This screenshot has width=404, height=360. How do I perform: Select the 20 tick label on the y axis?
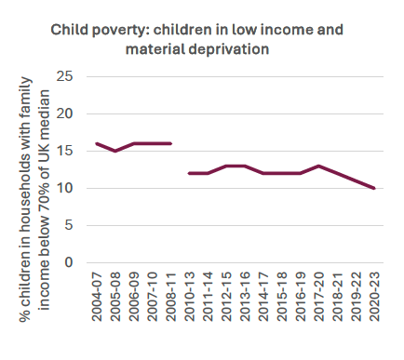[65, 113]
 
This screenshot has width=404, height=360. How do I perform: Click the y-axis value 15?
[65, 151]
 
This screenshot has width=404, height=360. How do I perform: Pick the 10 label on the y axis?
[65, 188]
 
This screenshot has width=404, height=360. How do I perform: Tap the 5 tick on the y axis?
[69, 225]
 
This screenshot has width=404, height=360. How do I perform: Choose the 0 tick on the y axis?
[69, 262]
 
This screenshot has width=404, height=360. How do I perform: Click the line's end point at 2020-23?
[374, 188]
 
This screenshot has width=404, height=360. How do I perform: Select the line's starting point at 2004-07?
[97, 143]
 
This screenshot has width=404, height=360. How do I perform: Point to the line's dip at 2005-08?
[115, 151]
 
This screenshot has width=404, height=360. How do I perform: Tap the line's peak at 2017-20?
[319, 166]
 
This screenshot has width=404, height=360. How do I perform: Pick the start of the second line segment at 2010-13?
[189, 173]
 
